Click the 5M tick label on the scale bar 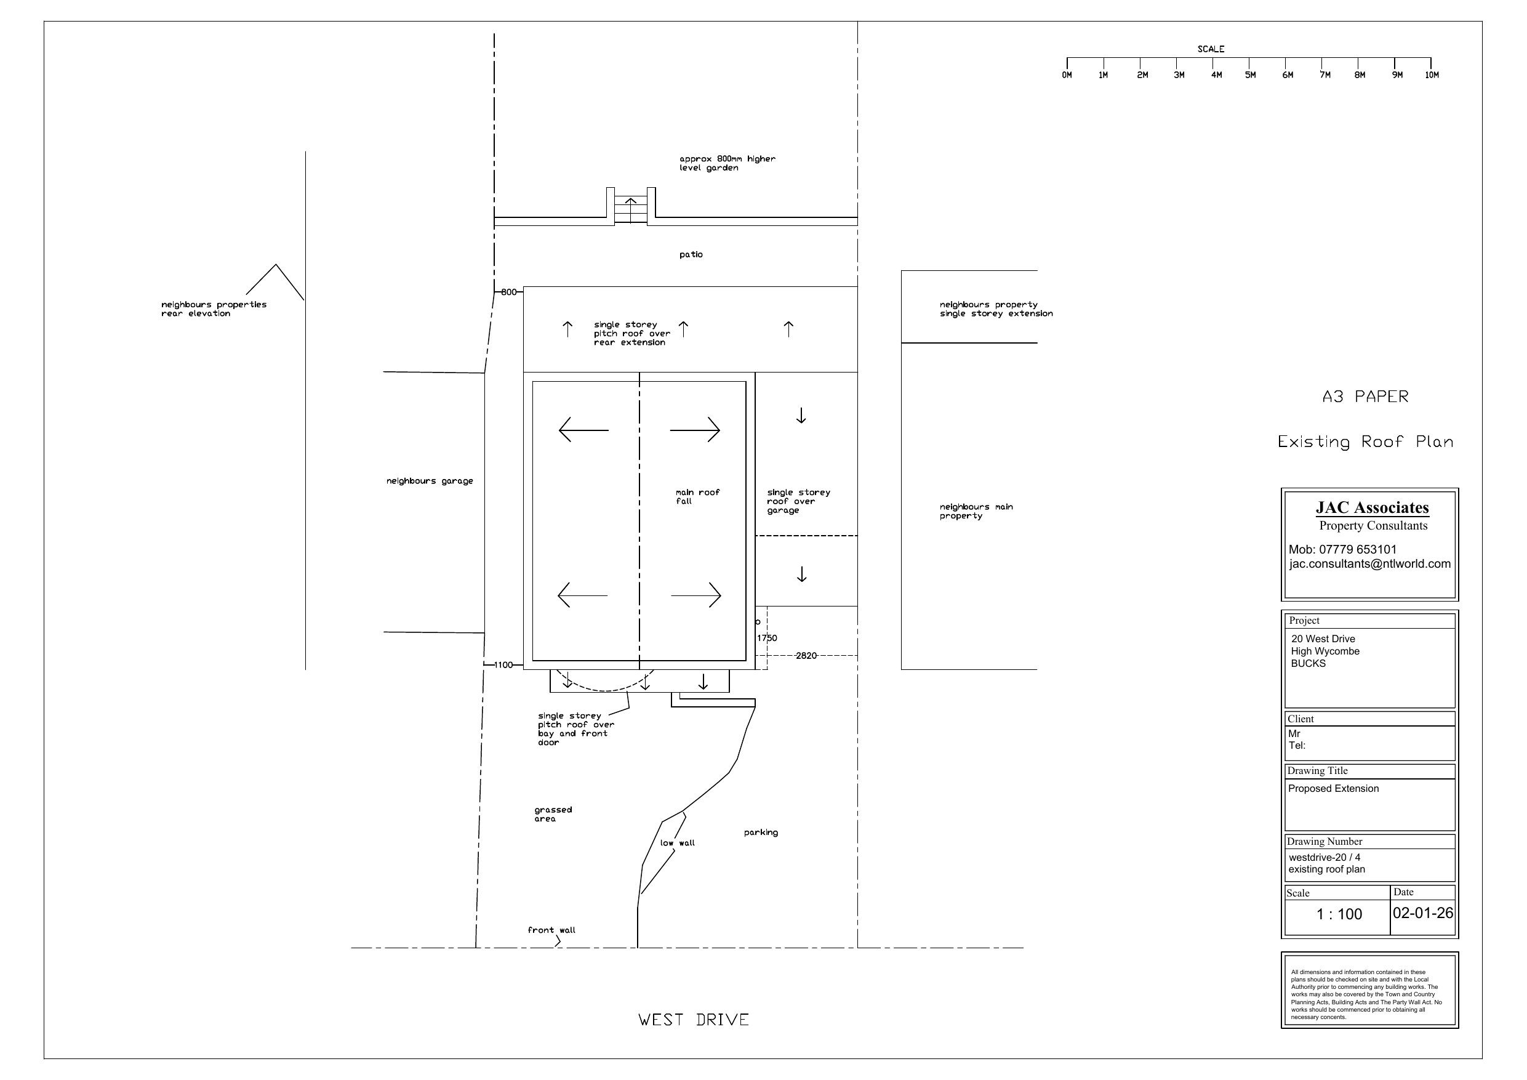coord(1250,75)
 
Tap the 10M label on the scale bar coord(1432,75)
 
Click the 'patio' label coord(691,255)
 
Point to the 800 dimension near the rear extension coord(509,292)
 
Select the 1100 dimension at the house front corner coord(503,665)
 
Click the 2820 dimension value coord(806,656)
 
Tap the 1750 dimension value coord(767,638)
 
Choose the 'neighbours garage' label coord(430,481)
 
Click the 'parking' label coord(761,832)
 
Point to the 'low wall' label coord(677,843)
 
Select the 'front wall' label coord(551,930)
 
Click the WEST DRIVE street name coord(694,1020)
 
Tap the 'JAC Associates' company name coord(1372,508)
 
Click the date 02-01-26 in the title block coord(1422,913)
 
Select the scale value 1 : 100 coord(1339,914)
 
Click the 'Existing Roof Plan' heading coord(1365,442)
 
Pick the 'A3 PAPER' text coord(1365,397)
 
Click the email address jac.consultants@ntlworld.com coord(1370,564)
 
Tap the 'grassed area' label coord(553,815)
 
